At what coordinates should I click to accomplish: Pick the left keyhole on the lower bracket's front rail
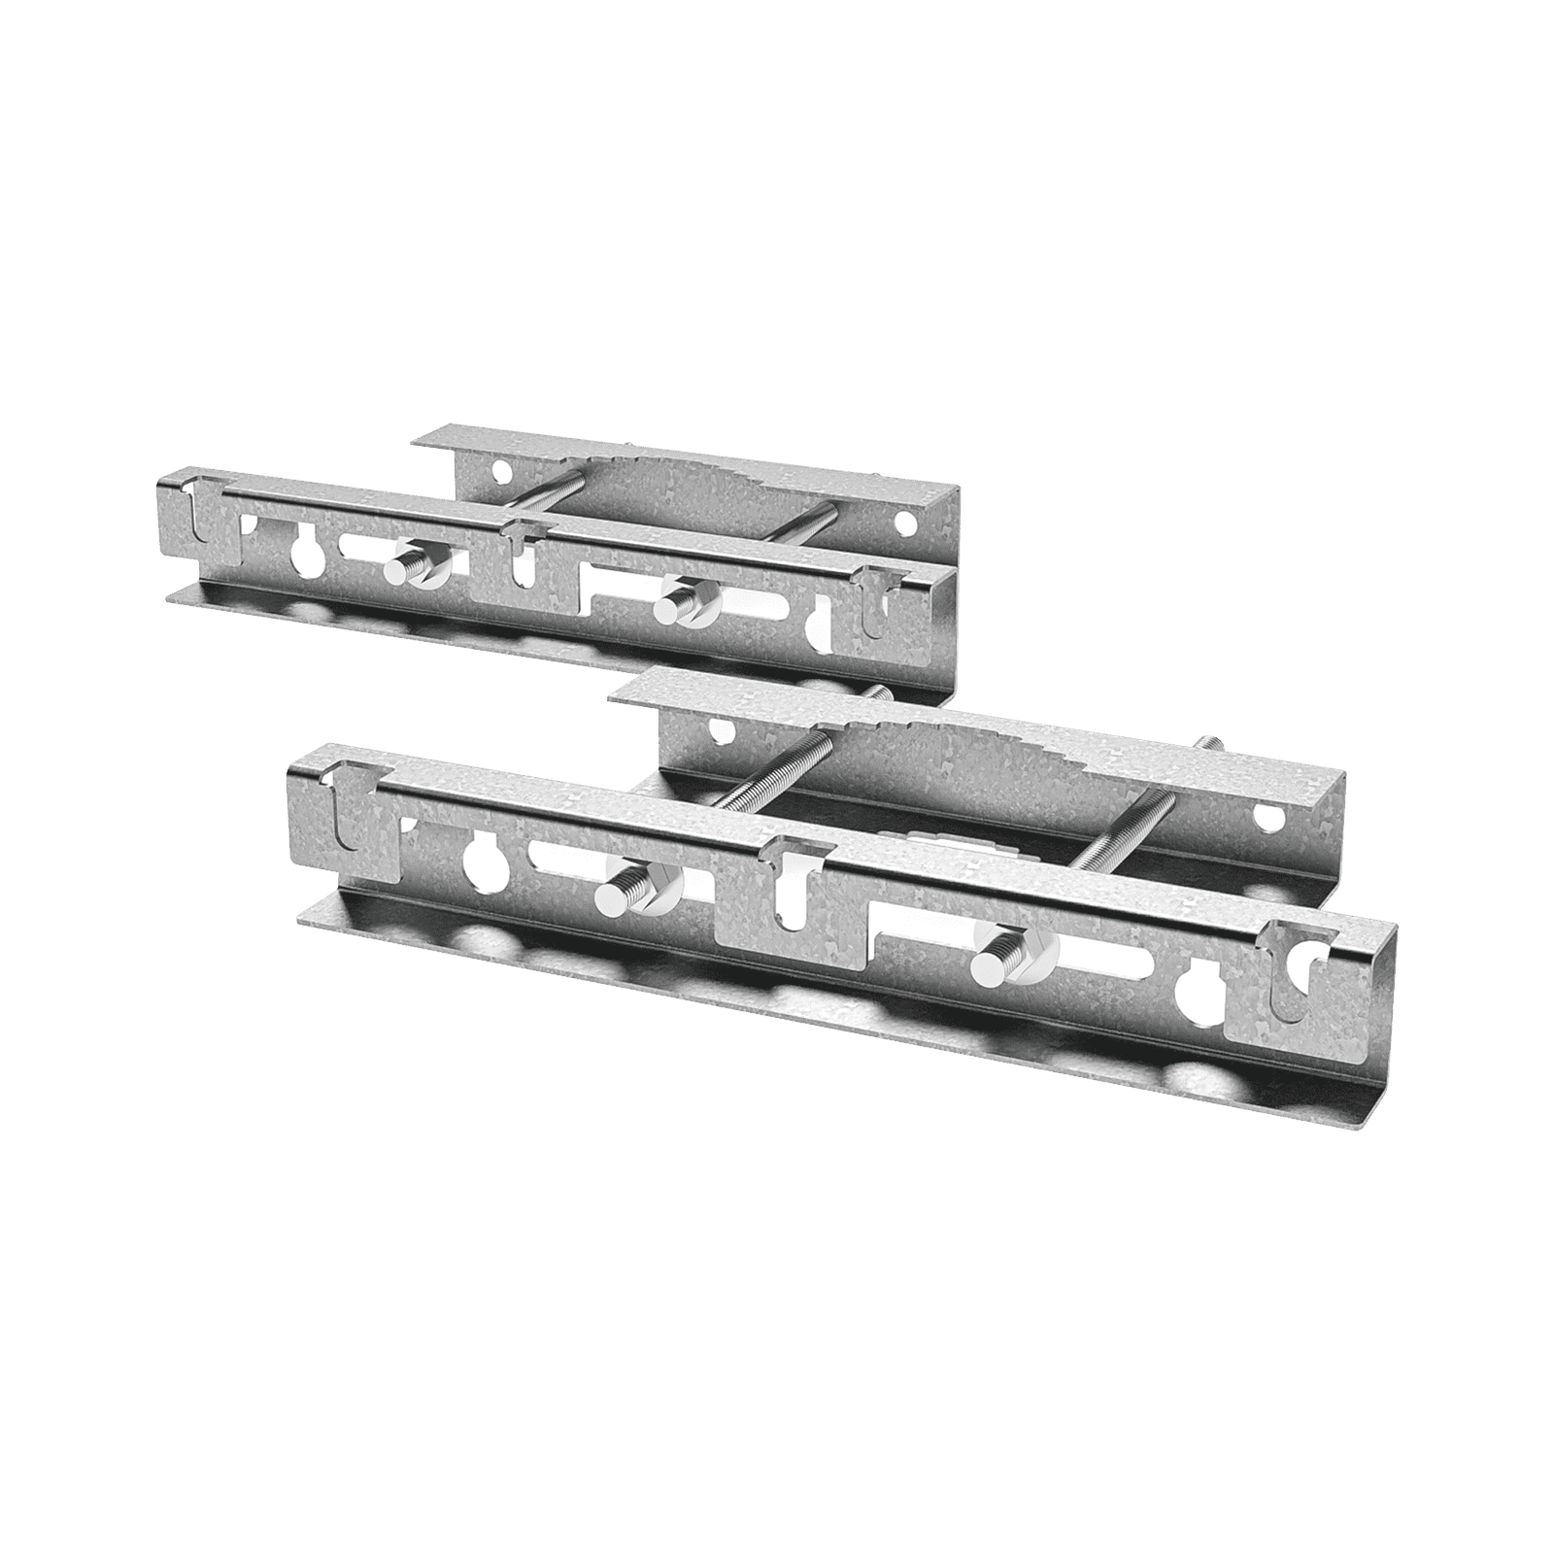tap(479, 857)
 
